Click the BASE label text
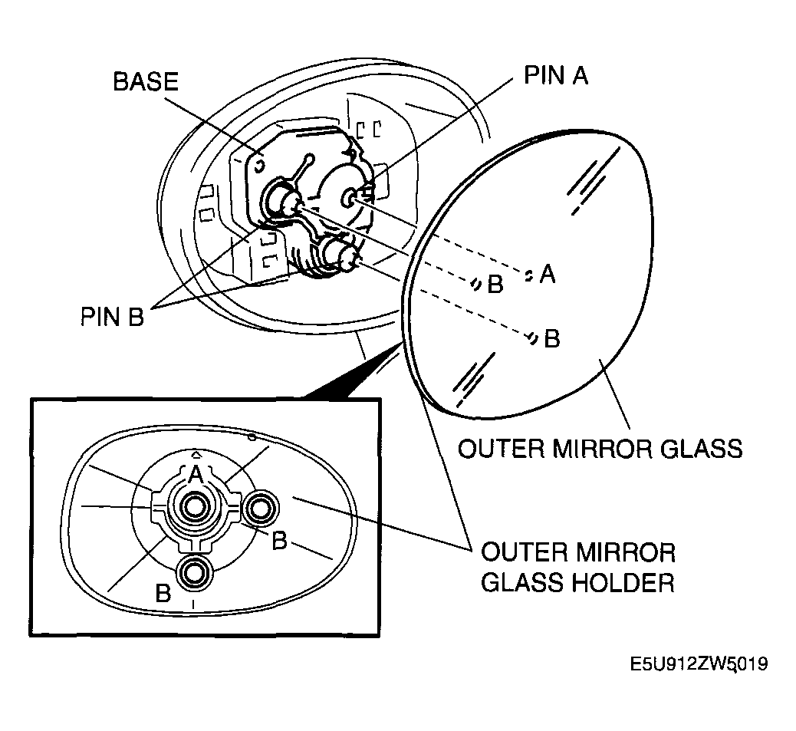[146, 81]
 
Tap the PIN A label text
[556, 74]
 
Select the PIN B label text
[112, 316]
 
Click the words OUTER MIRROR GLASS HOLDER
[577, 567]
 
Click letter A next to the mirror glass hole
[547, 274]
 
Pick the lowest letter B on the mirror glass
[551, 338]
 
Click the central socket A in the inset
[194, 506]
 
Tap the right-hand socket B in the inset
[261, 507]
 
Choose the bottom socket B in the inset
[194, 571]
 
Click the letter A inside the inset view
[195, 474]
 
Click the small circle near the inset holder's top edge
[251, 438]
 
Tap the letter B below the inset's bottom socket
[163, 593]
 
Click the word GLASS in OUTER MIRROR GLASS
[701, 447]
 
